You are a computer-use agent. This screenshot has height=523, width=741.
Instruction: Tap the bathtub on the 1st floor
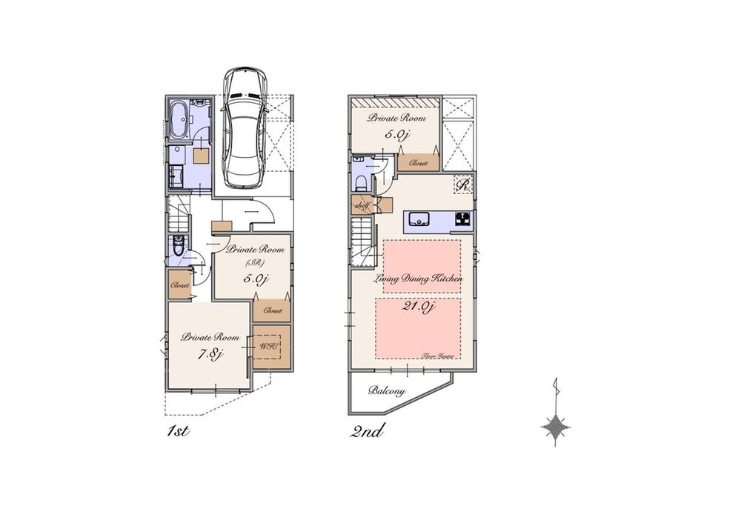click(179, 121)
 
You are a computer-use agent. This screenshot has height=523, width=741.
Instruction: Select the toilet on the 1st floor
click(178, 245)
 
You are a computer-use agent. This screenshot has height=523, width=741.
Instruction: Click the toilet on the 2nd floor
click(361, 183)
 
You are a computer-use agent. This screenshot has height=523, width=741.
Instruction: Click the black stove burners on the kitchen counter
click(462, 219)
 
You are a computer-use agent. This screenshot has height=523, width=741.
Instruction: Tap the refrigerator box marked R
click(463, 185)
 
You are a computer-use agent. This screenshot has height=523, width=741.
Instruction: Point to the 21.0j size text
click(418, 307)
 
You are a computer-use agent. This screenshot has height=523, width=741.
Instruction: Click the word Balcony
click(386, 390)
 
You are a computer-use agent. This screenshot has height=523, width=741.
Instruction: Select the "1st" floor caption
click(178, 431)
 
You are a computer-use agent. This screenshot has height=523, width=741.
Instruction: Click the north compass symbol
click(556, 426)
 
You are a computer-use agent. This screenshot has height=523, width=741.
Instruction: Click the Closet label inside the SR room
click(271, 311)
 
